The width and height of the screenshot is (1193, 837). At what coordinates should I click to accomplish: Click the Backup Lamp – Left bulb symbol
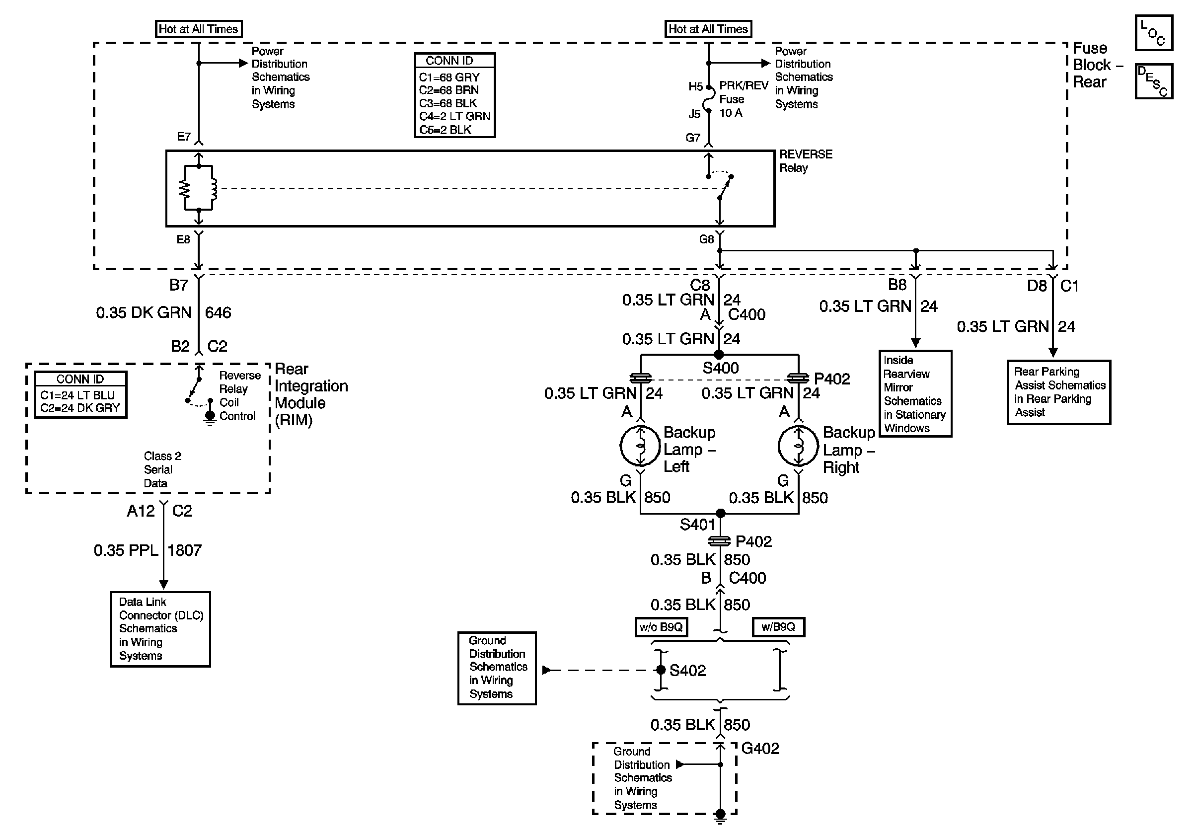(x=640, y=446)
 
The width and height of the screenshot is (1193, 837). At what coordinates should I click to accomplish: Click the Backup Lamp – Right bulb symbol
(x=798, y=446)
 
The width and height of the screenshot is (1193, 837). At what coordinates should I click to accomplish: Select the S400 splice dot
(x=719, y=355)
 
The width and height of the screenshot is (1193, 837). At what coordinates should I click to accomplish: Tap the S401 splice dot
(x=720, y=513)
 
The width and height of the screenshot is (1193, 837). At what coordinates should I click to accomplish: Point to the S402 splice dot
(x=661, y=670)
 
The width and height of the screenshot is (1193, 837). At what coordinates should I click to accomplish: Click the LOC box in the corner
(x=1153, y=33)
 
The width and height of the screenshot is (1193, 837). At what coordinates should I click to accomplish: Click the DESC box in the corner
(x=1153, y=81)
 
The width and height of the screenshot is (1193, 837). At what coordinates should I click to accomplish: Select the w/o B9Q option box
(x=661, y=627)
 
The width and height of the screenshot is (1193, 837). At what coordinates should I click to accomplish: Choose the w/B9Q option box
(x=778, y=627)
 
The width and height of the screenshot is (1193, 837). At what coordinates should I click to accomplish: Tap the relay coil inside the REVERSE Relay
(x=213, y=188)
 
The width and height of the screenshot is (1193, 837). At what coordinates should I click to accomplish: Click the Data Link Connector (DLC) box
(x=160, y=629)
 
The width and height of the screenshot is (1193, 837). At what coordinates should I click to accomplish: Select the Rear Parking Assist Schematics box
(x=1058, y=392)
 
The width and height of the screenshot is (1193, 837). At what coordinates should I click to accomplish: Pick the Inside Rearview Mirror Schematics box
(x=914, y=394)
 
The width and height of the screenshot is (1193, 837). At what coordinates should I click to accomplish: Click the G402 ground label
(x=760, y=749)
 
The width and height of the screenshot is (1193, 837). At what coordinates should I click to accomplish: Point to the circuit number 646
(x=218, y=313)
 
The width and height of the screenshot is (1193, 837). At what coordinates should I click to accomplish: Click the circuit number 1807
(x=184, y=550)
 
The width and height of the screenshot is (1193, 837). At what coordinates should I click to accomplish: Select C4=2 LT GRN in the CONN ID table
(x=454, y=116)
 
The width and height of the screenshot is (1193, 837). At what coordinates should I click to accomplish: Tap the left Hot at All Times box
(x=199, y=29)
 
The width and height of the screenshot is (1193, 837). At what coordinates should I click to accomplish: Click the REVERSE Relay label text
(x=805, y=161)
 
